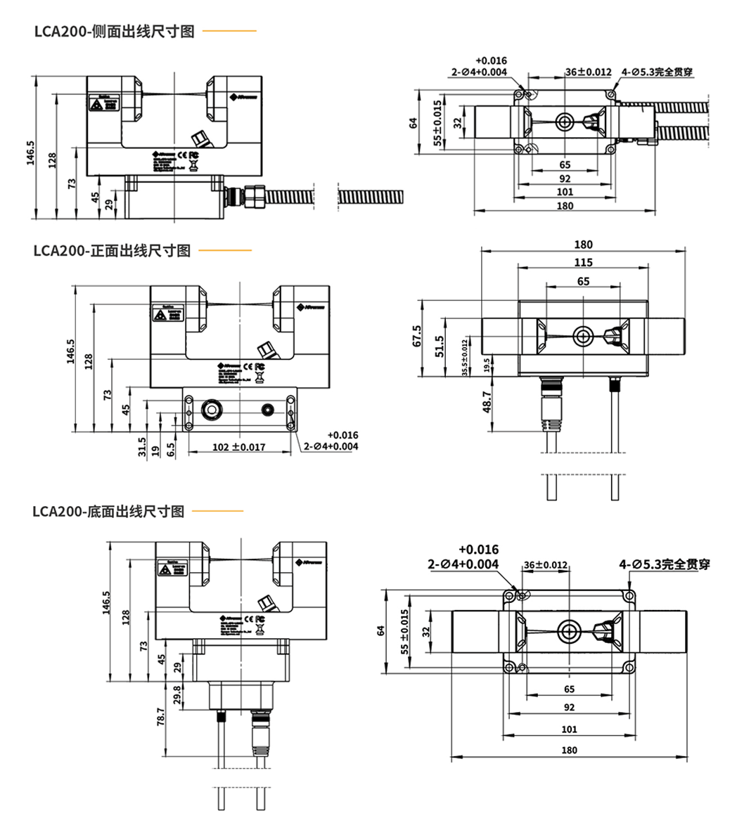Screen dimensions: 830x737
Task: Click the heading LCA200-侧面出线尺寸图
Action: pyautogui.click(x=113, y=32)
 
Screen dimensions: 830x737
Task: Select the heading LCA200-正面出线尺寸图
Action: pyautogui.click(x=112, y=251)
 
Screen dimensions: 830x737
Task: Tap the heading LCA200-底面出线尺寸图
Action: pyautogui.click(x=108, y=511)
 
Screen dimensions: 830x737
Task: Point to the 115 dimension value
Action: pyautogui.click(x=583, y=262)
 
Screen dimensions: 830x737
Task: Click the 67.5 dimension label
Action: pyautogui.click(x=417, y=335)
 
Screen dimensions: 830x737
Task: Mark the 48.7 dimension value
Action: pyautogui.click(x=487, y=402)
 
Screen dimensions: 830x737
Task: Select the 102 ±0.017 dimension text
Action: pyautogui.click(x=239, y=447)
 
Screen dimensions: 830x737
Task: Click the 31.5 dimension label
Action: pyautogui.click(x=142, y=446)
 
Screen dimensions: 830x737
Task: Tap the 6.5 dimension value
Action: pyautogui.click(x=171, y=449)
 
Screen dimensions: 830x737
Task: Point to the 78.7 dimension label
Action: pyautogui.click(x=161, y=717)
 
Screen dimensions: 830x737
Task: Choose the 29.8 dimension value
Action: pyautogui.click(x=177, y=694)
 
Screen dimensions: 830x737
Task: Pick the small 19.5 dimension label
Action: pyautogui.click(x=487, y=363)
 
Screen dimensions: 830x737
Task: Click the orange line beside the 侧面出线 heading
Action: pyautogui.click(x=229, y=31)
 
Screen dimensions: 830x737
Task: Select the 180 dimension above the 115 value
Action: pyautogui.click(x=583, y=245)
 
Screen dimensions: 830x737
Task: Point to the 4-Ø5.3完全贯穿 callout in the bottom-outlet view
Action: pyautogui.click(x=665, y=564)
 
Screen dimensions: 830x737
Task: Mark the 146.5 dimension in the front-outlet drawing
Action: pyautogui.click(x=70, y=351)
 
